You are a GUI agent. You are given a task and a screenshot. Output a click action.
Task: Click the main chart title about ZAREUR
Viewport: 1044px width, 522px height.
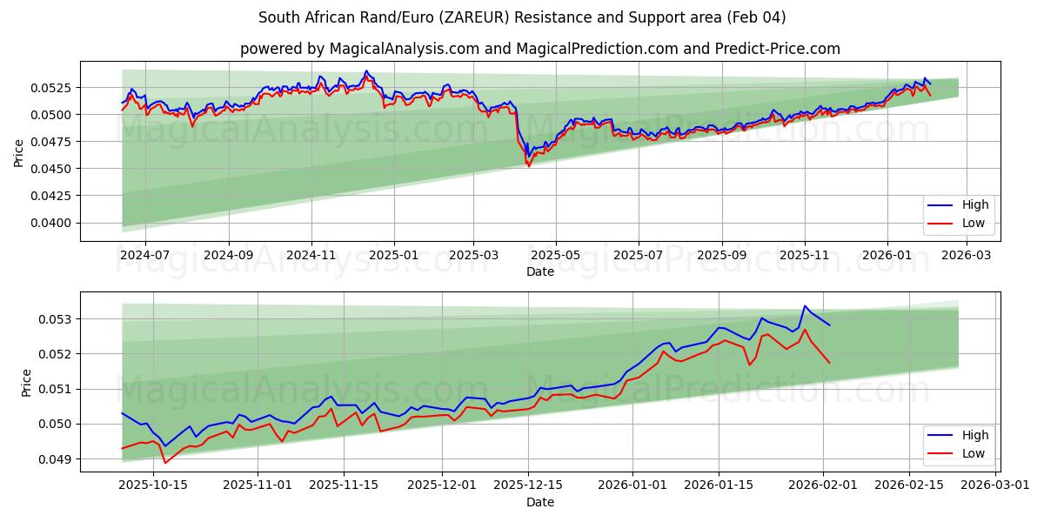coord(522,17)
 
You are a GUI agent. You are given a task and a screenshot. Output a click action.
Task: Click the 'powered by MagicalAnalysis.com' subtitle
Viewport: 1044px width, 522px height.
coord(539,49)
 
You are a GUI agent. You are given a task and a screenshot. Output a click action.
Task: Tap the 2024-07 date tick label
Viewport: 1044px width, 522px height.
coord(144,256)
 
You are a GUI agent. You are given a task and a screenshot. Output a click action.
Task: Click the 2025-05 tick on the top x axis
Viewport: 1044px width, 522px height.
coord(556,256)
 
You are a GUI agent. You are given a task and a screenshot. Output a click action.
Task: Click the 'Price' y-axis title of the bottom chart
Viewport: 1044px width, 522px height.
coord(26,383)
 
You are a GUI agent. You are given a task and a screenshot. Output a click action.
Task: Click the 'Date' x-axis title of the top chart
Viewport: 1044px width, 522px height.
coord(539,271)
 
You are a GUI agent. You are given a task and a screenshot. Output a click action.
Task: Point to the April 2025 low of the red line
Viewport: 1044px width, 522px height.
coord(528,166)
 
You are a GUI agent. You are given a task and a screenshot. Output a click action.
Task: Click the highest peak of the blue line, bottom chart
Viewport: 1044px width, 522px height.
coord(805,306)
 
